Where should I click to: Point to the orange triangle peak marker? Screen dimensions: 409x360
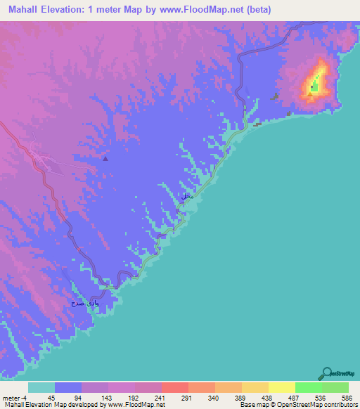click(x=310, y=96)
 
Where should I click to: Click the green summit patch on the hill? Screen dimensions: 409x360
click(x=314, y=88)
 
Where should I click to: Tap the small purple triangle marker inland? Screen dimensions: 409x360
click(x=105, y=159)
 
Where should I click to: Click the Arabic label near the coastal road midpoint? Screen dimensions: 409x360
click(x=186, y=197)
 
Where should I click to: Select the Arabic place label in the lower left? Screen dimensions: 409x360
click(x=82, y=304)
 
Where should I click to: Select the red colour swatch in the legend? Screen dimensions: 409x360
click(x=174, y=387)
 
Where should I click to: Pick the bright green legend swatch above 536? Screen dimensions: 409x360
click(x=308, y=387)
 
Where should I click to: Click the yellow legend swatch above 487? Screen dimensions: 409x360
click(x=281, y=387)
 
